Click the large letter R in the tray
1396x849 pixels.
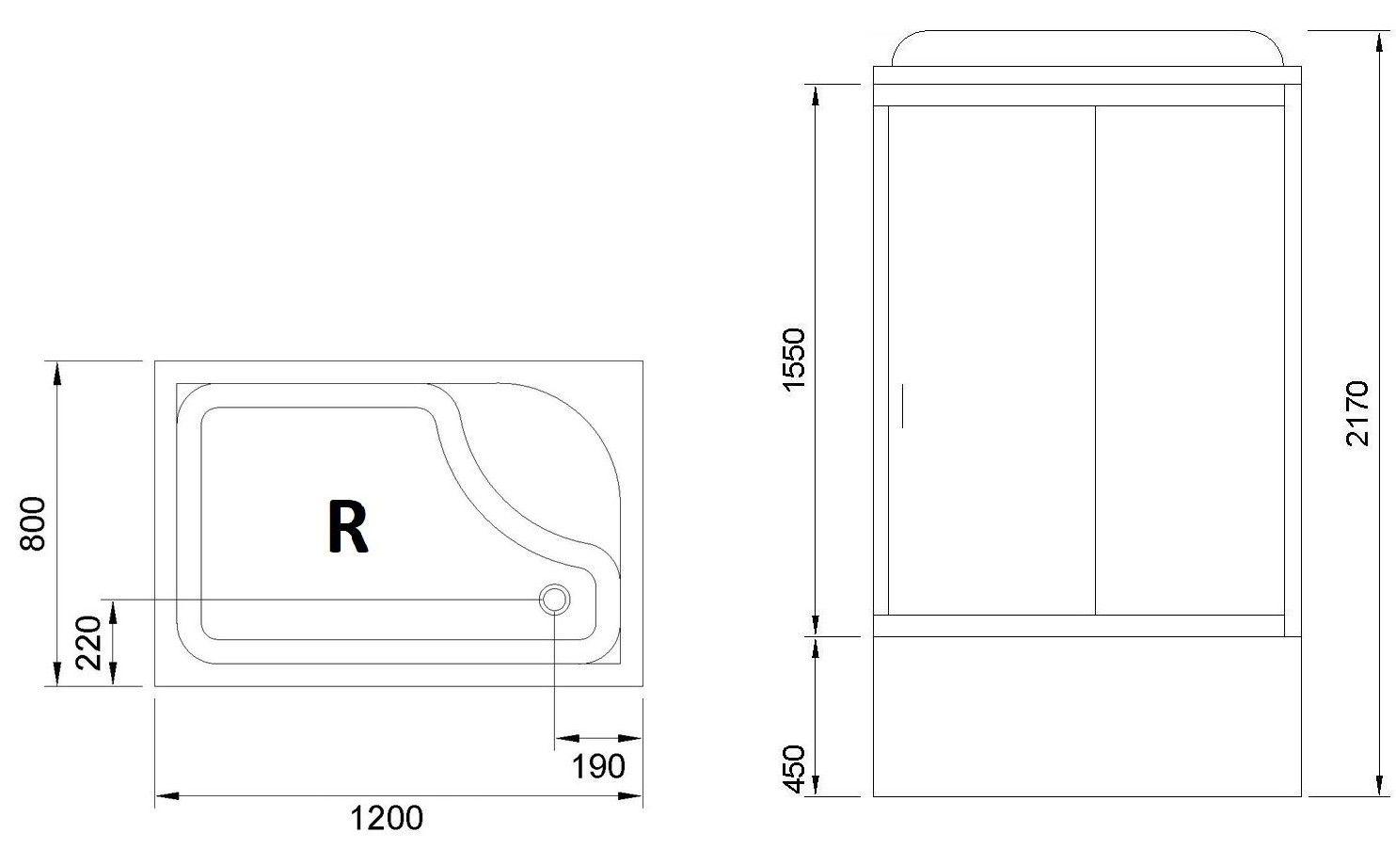tap(348, 527)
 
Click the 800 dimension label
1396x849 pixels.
tap(33, 523)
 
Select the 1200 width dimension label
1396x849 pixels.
tap(387, 819)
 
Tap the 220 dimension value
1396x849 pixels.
tap(87, 643)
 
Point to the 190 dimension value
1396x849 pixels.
tap(598, 767)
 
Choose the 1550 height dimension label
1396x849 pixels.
tap(794, 360)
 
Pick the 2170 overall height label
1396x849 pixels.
tap(1356, 412)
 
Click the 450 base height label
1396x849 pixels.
tap(794, 769)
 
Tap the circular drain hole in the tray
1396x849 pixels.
tap(554, 600)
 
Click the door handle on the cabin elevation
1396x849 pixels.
tap(902, 405)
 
